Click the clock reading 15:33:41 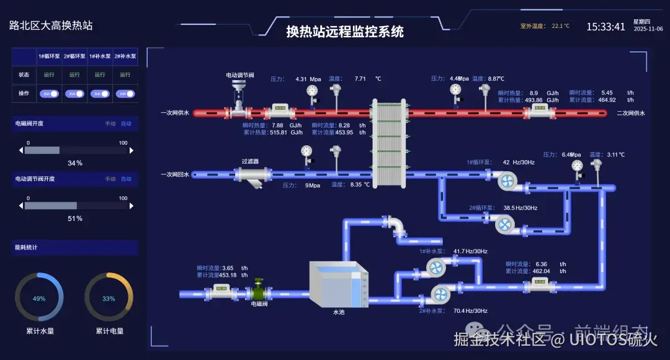(x=605, y=27)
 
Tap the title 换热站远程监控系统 (x=344, y=32)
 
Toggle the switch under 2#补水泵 (x=125, y=94)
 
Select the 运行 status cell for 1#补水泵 (x=100, y=74)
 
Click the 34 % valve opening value (x=75, y=163)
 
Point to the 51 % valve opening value (x=75, y=218)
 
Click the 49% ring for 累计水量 (x=39, y=299)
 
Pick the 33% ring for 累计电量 (x=109, y=299)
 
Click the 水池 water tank (x=339, y=284)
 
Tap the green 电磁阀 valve (x=259, y=292)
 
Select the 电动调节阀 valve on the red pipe (x=238, y=99)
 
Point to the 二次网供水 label (x=631, y=113)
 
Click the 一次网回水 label (x=174, y=174)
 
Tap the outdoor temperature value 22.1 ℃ (x=560, y=27)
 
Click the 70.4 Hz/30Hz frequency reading (x=470, y=310)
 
